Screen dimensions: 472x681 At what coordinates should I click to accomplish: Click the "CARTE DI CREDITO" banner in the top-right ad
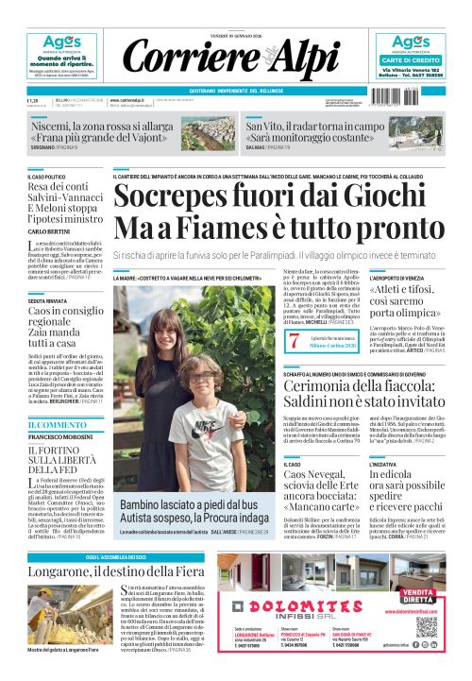coord(411,60)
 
